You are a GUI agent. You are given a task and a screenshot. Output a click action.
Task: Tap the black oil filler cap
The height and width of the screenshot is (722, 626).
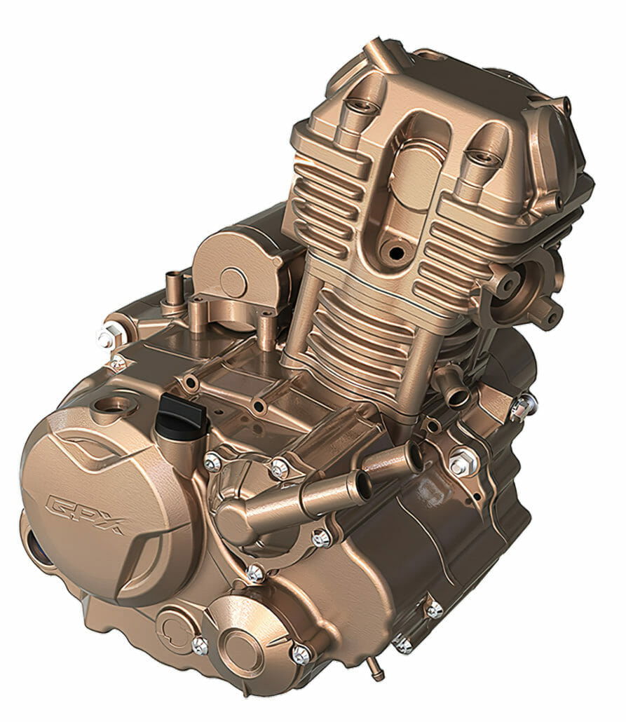coord(182,414)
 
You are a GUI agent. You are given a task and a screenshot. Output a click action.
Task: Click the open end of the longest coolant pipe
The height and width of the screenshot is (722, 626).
coord(363,486)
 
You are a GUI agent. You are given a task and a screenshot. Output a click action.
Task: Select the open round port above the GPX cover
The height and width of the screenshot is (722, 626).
coord(112,405)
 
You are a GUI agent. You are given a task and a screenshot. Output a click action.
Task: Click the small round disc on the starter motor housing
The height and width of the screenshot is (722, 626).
coord(233,280)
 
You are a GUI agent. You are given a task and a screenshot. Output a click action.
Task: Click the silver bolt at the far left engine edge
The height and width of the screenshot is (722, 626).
coord(106,339)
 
